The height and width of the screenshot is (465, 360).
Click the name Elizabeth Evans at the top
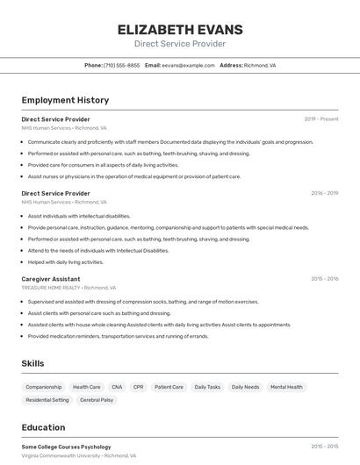(x=179, y=30)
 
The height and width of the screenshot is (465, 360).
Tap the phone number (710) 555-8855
(x=121, y=65)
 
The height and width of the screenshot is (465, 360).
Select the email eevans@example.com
(x=188, y=65)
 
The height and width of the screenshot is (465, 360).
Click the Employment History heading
(x=65, y=100)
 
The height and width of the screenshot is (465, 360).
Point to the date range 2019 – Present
(x=321, y=118)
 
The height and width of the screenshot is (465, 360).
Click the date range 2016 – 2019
(x=324, y=193)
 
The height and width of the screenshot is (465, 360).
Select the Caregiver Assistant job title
(x=51, y=279)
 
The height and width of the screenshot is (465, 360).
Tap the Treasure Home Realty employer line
(x=68, y=288)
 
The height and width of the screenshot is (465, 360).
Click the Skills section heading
(x=33, y=363)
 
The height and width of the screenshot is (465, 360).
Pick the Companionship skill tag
(x=44, y=387)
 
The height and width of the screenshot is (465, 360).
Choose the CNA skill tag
(x=117, y=387)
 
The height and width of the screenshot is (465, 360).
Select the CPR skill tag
(x=138, y=387)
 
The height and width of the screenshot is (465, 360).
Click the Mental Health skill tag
(x=286, y=387)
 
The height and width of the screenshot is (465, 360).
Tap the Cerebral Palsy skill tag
(x=97, y=400)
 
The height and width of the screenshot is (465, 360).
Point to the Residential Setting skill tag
(x=47, y=400)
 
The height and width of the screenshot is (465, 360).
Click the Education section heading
(x=43, y=427)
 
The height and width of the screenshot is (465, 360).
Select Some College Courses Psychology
(x=66, y=447)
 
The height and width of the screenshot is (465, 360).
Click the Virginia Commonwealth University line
(x=79, y=456)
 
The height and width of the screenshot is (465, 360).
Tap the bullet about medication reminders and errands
(x=118, y=336)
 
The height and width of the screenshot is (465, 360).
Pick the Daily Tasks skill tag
(x=207, y=387)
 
